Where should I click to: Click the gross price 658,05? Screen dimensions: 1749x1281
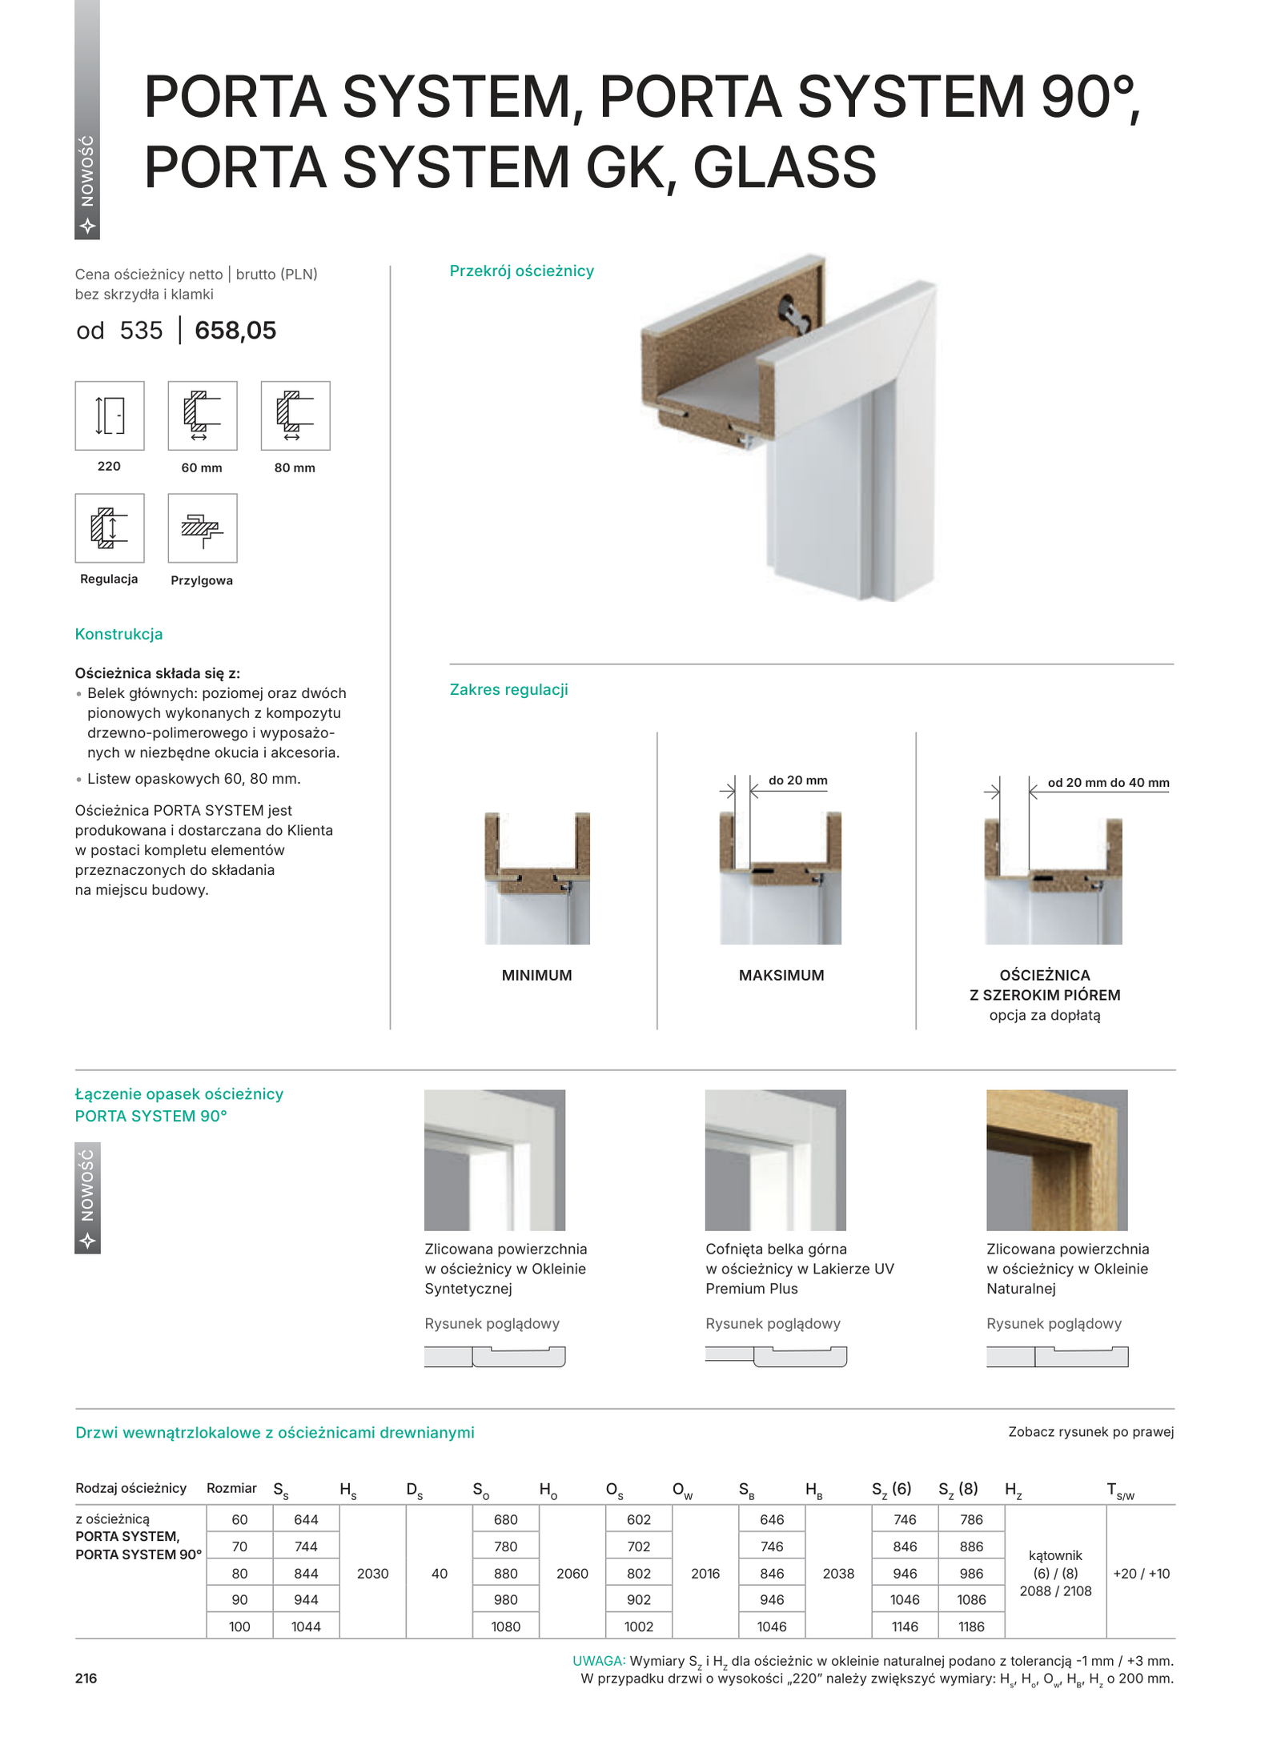[x=235, y=330]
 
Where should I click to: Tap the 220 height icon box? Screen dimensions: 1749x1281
[x=110, y=415]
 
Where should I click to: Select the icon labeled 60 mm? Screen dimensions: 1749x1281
[x=203, y=415]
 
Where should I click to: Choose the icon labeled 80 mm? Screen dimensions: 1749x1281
[x=295, y=415]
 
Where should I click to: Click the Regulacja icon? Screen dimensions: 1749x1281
[x=110, y=528]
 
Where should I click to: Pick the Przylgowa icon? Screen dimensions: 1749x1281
[x=203, y=528]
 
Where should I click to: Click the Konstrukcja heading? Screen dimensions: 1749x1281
[x=118, y=634]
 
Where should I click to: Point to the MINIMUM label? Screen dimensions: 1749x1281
[x=536, y=975]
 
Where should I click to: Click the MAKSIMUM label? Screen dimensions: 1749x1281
[x=781, y=975]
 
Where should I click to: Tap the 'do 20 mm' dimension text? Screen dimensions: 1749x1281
[x=797, y=780]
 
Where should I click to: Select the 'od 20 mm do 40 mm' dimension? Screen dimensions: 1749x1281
[x=1108, y=783]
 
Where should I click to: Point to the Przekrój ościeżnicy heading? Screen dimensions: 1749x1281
[x=521, y=271]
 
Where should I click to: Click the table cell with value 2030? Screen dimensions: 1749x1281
[x=373, y=1573]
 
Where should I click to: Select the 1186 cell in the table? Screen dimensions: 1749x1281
[x=971, y=1627]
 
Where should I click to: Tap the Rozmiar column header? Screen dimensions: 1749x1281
[x=231, y=1488]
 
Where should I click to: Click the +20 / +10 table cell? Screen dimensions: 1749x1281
[x=1141, y=1573]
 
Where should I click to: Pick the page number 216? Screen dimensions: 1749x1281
[x=86, y=1679]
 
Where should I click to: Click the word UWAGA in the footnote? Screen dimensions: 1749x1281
[x=598, y=1661]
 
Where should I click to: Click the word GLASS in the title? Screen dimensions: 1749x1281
[x=784, y=167]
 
